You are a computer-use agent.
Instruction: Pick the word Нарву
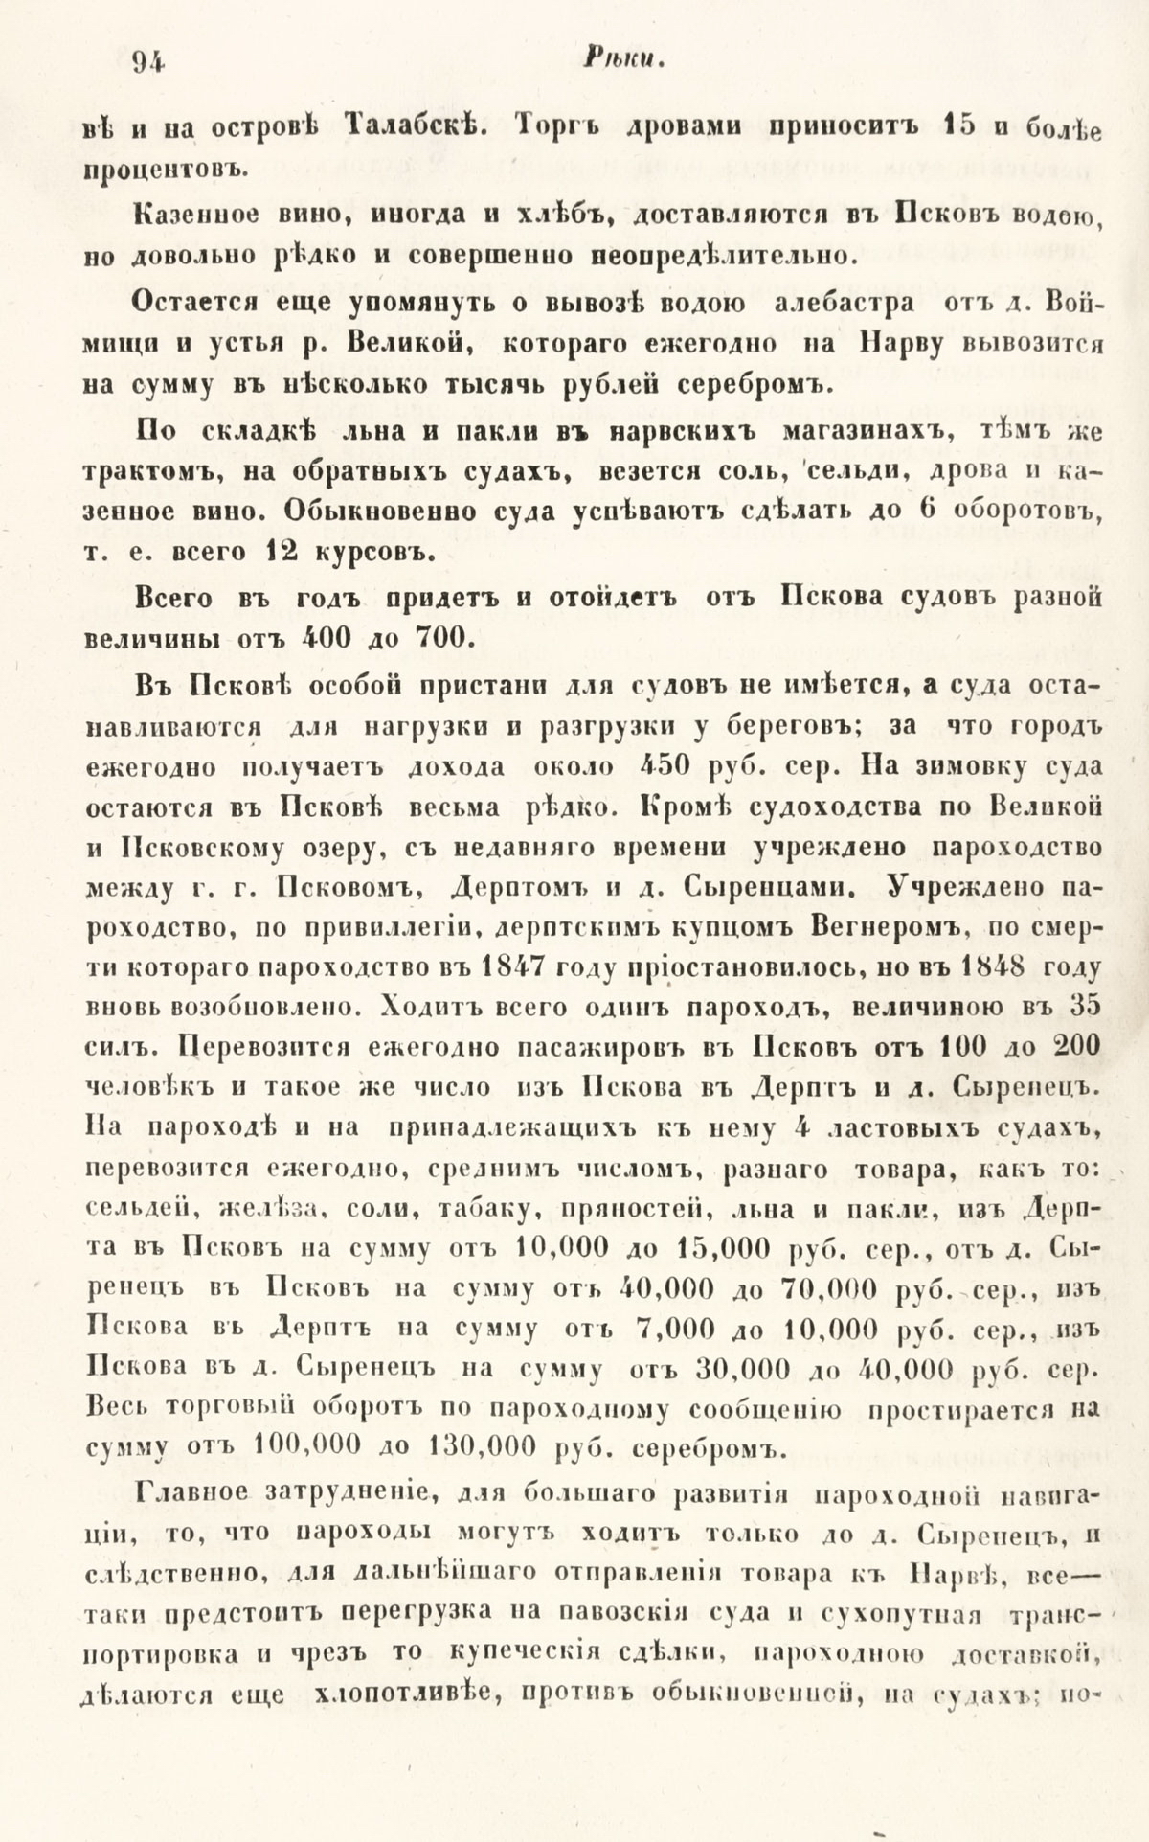(x=897, y=345)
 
